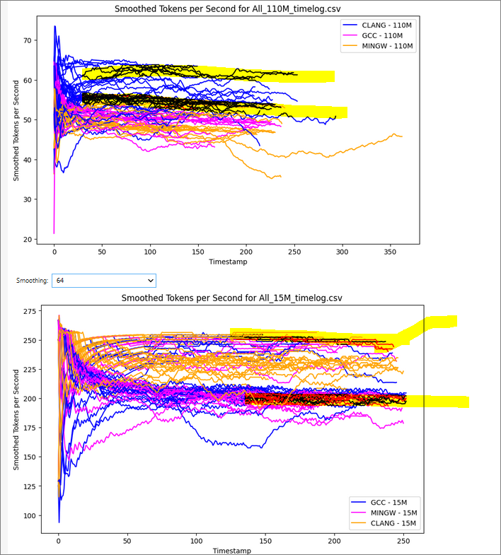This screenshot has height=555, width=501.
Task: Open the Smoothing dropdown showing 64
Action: [x=103, y=281]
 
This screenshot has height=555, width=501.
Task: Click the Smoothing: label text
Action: [x=33, y=281]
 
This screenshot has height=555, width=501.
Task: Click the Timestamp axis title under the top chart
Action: [x=229, y=262]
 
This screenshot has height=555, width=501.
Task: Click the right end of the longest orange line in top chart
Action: [x=402, y=136]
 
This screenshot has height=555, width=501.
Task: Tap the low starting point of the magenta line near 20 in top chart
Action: [x=54, y=233]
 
